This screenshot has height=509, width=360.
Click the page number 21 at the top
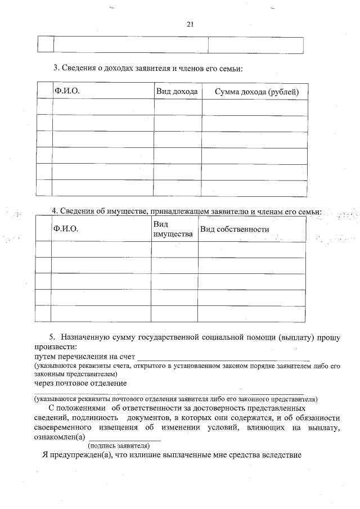point(190,24)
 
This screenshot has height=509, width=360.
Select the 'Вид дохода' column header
point(177,91)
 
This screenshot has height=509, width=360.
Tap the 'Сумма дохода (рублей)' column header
point(256,92)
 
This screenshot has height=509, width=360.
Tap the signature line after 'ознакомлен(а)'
point(125,438)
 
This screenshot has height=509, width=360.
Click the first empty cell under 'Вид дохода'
point(177,107)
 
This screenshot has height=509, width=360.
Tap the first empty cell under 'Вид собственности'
point(251,250)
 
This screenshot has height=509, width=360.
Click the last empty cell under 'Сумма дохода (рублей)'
point(254,188)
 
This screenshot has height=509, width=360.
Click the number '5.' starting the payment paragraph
point(52,337)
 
